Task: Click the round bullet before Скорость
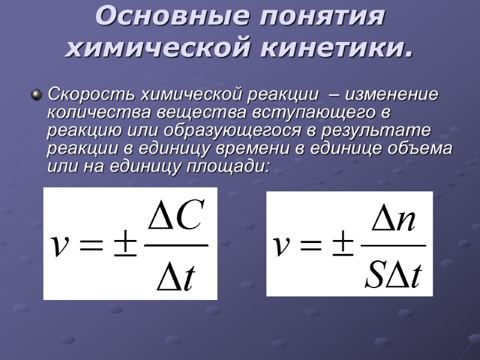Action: point(36,95)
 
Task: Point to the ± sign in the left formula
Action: point(123,247)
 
